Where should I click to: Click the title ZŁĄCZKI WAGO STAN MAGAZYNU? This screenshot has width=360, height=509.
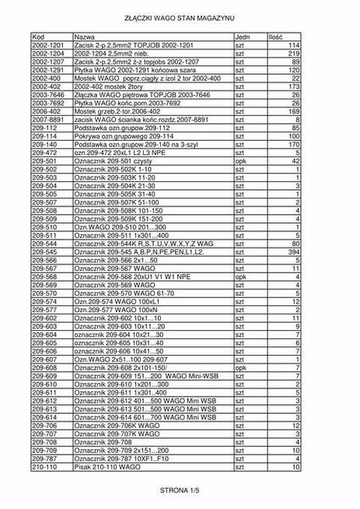point(179,16)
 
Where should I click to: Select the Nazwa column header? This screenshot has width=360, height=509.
point(84,37)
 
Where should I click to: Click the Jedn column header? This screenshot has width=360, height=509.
point(242,37)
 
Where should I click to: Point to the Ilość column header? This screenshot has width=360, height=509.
point(276,37)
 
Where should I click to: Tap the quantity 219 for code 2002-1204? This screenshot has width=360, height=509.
point(294,54)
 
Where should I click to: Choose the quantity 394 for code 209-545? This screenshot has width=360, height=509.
point(294,251)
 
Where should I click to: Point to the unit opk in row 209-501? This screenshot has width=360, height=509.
point(240,160)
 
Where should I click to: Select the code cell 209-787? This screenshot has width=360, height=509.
point(46,459)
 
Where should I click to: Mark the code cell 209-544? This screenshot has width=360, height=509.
point(46,243)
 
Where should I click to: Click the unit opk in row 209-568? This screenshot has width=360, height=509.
point(240,276)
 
